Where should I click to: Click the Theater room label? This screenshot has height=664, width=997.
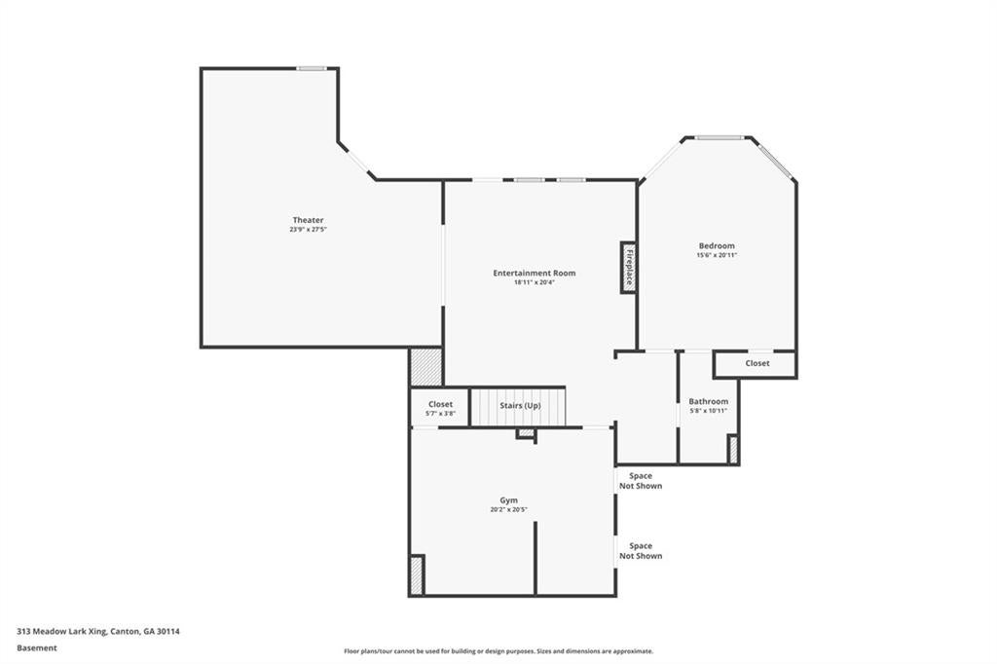tap(308, 220)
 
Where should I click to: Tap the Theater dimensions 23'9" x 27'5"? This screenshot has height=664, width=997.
tap(308, 231)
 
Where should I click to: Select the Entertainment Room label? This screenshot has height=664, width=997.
tap(534, 274)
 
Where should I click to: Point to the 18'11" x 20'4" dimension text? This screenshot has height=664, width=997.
tap(534, 283)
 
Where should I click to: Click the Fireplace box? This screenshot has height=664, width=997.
tap(629, 267)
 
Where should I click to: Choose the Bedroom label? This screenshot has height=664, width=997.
tap(716, 246)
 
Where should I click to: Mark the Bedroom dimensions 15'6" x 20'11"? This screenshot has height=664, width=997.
tap(716, 256)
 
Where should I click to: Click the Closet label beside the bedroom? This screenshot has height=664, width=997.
tap(757, 363)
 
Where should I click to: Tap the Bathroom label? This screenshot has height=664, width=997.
tap(708, 401)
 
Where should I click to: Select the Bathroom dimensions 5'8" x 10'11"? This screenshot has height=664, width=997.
tap(708, 411)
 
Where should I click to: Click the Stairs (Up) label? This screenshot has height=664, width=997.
tap(520, 405)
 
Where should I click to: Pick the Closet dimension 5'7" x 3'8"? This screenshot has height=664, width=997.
tap(440, 414)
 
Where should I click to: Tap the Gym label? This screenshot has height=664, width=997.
tap(508, 500)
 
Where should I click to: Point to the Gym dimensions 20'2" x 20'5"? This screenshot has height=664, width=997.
tap(508, 510)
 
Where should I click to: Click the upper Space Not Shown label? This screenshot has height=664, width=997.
tap(641, 481)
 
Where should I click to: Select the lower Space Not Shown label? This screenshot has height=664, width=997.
tap(641, 551)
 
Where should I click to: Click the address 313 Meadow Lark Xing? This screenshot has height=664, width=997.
tap(97, 631)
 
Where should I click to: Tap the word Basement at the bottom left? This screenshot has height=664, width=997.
tap(37, 647)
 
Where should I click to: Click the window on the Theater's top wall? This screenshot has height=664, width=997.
tap(312, 68)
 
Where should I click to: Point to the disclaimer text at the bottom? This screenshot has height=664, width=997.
tap(498, 651)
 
